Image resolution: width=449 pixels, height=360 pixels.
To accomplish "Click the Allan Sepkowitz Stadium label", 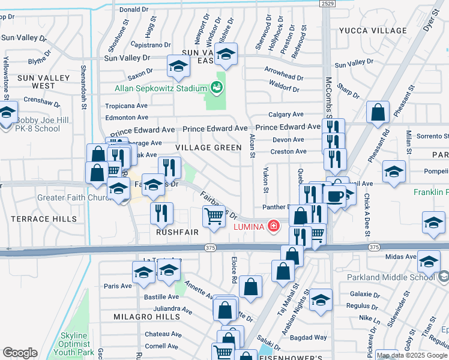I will pyautogui.click(x=161, y=89).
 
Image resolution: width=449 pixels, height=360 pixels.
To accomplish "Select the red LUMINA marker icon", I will pyautogui.click(x=274, y=226).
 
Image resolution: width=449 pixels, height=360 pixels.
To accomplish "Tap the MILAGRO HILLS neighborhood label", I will pyautogui.click(x=146, y=316).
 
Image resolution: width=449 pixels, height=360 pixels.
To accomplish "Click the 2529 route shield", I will pyautogui.click(x=327, y=3).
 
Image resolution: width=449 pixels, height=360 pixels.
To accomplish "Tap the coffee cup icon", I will pyautogui.click(x=336, y=197).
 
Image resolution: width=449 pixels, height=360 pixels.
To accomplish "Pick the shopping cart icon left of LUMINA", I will pyautogui.click(x=214, y=217).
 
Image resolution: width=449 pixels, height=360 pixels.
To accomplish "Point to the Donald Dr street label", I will pyautogui.click(x=133, y=10).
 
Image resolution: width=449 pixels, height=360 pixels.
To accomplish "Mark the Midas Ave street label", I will pyautogui.click(x=402, y=257).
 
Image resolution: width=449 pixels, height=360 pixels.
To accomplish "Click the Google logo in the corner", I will pyautogui.click(x=20, y=352).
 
